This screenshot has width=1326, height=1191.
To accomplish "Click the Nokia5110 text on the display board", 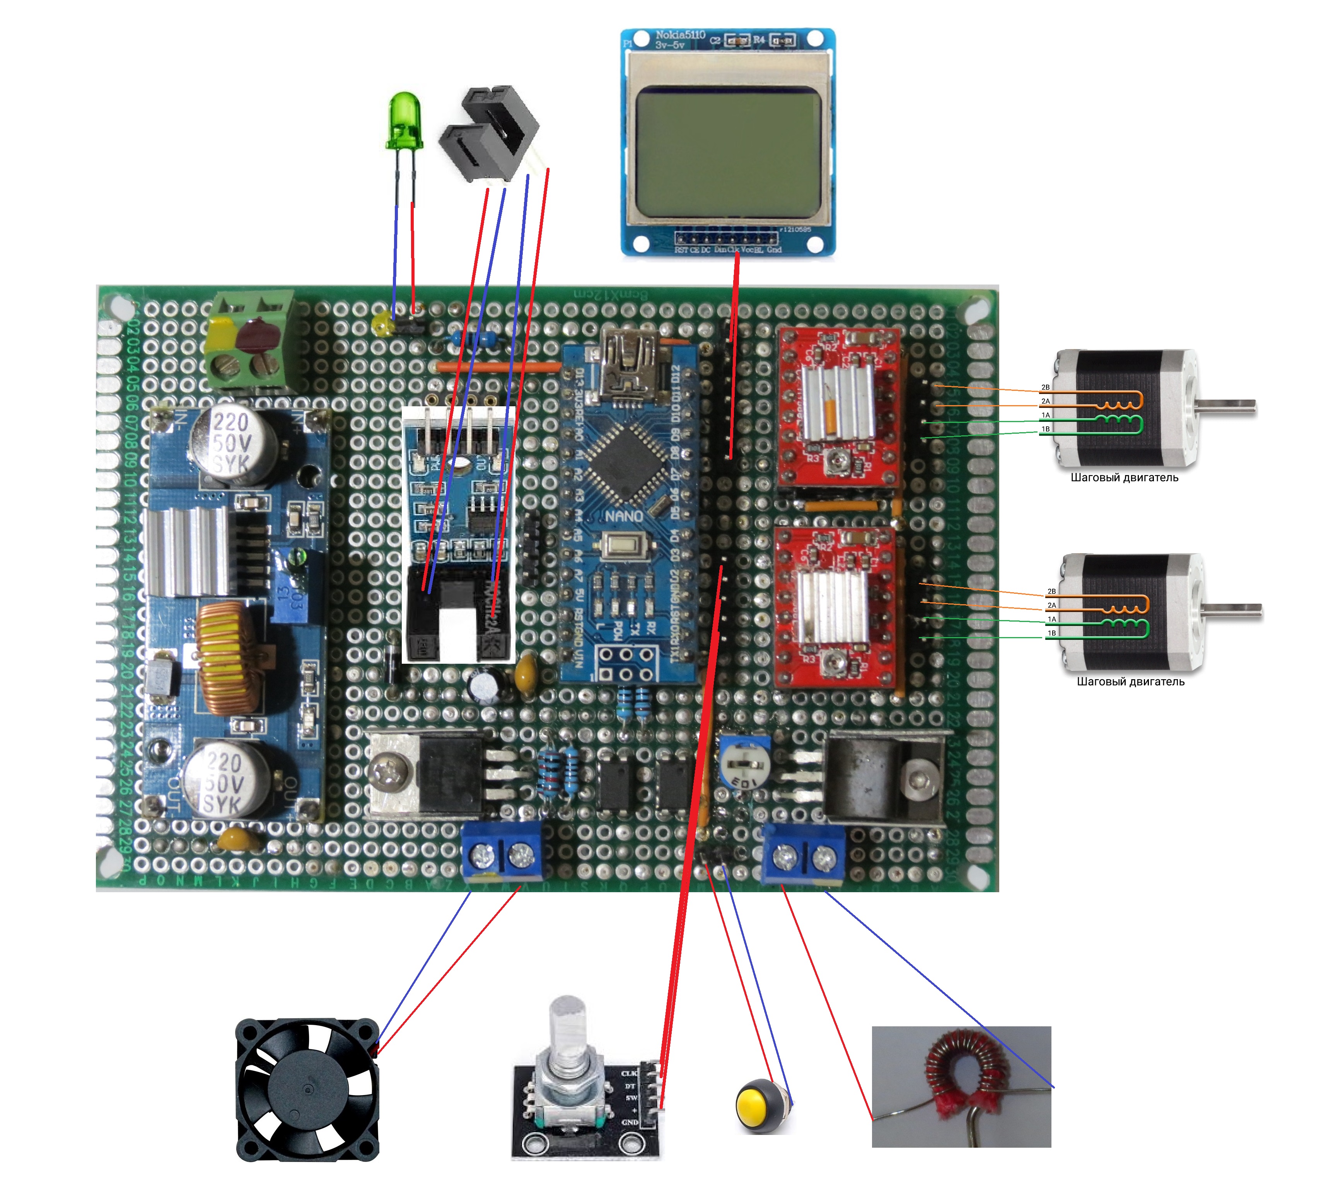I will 680,34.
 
